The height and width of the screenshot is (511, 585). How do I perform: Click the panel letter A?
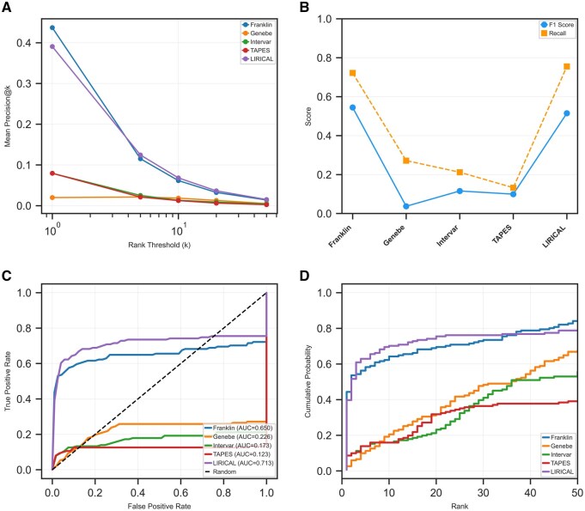6,7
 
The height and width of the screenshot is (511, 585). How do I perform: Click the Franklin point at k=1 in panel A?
52,27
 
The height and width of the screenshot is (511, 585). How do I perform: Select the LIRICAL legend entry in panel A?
258,59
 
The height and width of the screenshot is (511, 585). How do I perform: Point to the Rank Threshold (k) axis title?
159,245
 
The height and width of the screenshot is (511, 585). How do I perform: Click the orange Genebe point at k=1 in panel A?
52,198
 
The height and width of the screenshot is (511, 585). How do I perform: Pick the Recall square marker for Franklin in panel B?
352,73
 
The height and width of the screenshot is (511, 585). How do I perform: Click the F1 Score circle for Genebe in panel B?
406,206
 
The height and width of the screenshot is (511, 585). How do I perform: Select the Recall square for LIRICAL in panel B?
567,66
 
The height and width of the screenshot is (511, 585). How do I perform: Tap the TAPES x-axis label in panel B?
502,234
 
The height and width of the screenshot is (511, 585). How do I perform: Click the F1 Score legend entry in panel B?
557,25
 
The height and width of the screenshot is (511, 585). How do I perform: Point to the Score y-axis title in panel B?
308,117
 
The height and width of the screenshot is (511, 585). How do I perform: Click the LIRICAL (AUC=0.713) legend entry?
239,463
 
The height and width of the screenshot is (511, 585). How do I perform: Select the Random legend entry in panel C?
221,471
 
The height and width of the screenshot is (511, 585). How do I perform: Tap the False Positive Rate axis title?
159,506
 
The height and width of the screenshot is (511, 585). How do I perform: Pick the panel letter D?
305,276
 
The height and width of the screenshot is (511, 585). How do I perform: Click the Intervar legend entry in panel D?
557,454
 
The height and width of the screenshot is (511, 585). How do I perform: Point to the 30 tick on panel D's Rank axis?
484,492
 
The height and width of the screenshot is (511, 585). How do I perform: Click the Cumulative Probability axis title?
308,381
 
